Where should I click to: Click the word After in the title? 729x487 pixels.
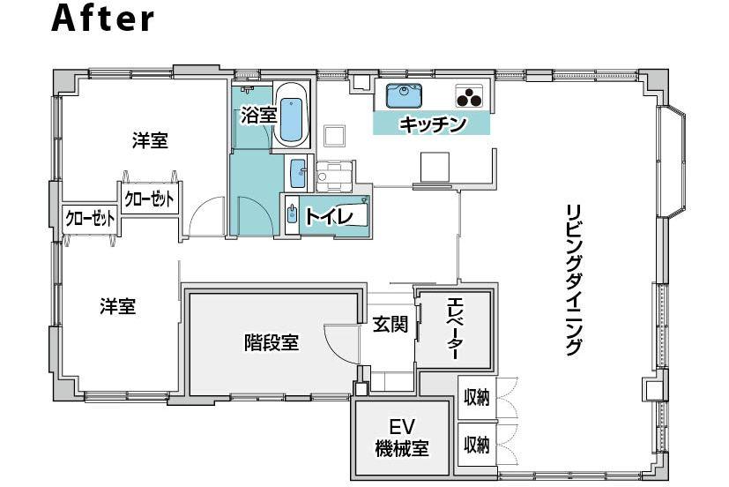(102, 19)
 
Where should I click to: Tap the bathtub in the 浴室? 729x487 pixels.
(290, 115)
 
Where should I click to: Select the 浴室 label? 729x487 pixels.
(257, 115)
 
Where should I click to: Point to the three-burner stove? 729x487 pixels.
(470, 94)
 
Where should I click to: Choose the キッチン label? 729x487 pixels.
(432, 124)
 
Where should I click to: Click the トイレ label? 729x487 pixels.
(329, 216)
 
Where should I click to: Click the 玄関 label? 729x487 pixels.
(390, 326)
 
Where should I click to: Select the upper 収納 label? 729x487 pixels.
(476, 397)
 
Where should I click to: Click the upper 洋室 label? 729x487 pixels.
(150, 141)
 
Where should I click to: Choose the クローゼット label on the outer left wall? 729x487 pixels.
(89, 218)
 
